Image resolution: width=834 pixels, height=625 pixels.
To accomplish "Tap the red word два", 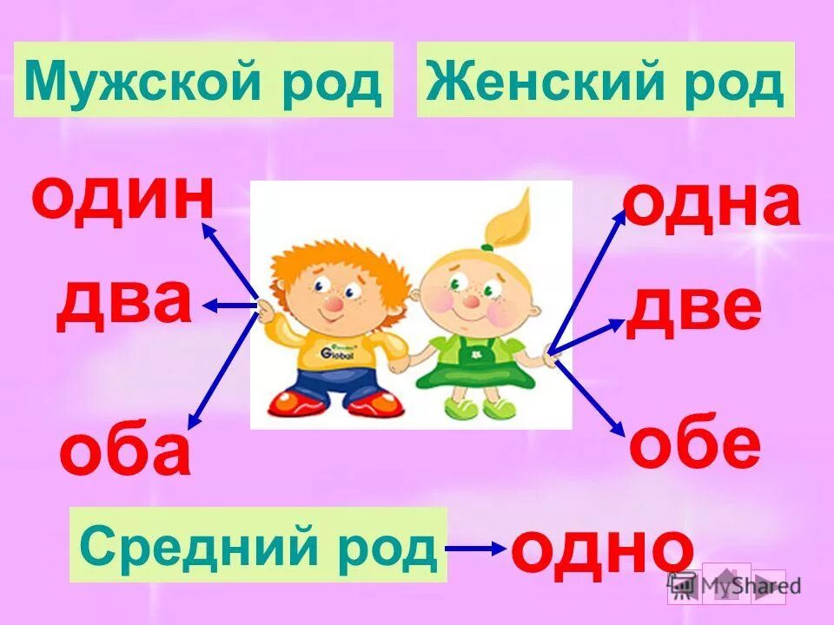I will pos(123,301).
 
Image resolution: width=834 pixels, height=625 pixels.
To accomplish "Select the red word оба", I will pos(125,452).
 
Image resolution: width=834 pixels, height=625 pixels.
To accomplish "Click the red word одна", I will pos(712,205).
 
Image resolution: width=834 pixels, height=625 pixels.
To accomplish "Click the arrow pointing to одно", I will pos(476,548).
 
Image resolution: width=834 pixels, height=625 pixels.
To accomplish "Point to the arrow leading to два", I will pos(230,306).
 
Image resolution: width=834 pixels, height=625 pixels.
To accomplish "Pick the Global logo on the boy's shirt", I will pos(335,354).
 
